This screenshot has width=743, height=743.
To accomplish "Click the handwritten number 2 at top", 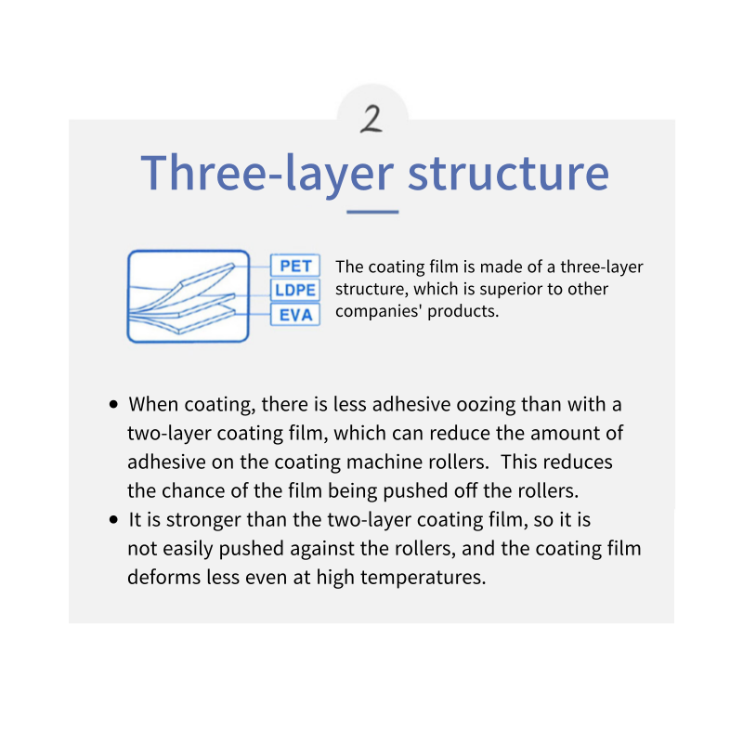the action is point(371,119).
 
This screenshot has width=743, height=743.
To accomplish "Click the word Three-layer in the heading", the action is point(267,174).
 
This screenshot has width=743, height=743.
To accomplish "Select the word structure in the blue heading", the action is point(508,173).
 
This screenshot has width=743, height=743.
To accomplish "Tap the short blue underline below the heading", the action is point(372,212).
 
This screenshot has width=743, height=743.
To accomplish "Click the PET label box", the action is point(295,266).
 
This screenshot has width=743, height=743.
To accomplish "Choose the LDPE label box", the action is point(295,290).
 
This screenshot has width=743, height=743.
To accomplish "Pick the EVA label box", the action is point(295,315).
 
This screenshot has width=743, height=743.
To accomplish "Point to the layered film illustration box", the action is point(189,296).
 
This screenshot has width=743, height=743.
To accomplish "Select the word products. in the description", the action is point(463,312).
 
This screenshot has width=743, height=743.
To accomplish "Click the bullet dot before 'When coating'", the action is point(113,404).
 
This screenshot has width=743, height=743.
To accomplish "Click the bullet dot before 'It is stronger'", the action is point(113,520).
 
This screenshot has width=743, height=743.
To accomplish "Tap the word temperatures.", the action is point(424,578).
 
